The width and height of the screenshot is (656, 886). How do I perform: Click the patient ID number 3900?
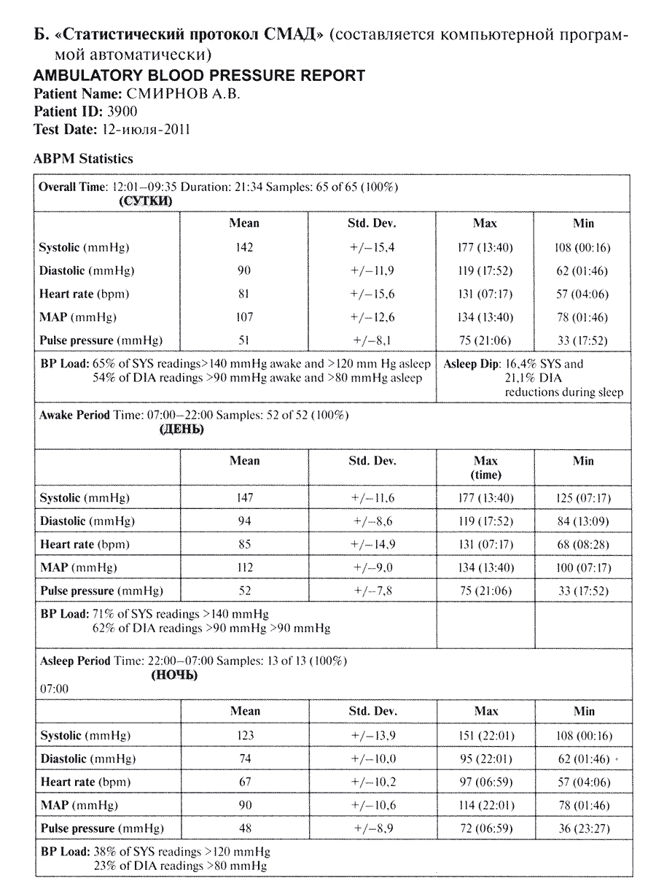click(x=123, y=112)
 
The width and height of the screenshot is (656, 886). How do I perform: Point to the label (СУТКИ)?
click(x=146, y=201)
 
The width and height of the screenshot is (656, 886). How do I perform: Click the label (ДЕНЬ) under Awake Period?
click(x=181, y=430)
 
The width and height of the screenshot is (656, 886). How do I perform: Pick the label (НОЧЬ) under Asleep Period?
click(x=174, y=675)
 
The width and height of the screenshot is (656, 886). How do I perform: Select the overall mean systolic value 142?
click(x=244, y=247)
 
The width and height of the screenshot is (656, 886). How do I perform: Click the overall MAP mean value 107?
click(x=244, y=317)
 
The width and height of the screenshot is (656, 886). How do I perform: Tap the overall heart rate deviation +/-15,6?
click(x=372, y=294)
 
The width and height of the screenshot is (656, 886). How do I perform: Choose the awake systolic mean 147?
click(x=244, y=498)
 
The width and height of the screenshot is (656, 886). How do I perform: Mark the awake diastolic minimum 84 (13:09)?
click(x=583, y=521)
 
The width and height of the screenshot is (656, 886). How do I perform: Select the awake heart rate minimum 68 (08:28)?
click(x=583, y=545)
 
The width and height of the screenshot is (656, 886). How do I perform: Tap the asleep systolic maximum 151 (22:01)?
click(x=485, y=736)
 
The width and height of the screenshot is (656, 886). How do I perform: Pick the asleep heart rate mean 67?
click(x=244, y=782)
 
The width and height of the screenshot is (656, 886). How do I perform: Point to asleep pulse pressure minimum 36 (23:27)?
click(x=583, y=828)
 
